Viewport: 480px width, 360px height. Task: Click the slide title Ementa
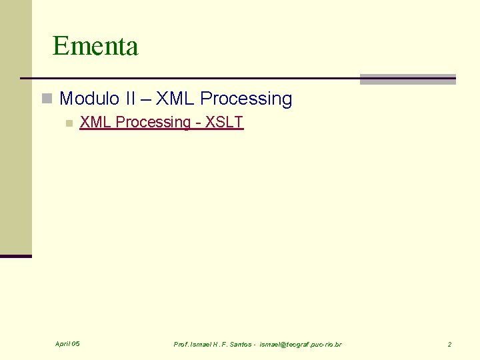click(95, 46)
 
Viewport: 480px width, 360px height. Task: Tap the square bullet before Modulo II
click(46, 99)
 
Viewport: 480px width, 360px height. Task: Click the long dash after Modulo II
click(146, 99)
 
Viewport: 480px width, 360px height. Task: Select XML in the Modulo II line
click(175, 99)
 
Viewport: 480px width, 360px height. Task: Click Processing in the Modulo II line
click(246, 99)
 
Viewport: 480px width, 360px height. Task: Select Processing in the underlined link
click(153, 122)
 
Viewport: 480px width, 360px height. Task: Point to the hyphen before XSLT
click(199, 123)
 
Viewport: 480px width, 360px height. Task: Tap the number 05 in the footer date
click(75, 344)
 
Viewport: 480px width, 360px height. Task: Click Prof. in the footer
click(181, 344)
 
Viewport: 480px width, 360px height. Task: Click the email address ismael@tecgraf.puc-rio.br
click(300, 344)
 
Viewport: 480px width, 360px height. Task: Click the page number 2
click(449, 344)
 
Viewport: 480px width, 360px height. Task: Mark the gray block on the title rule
click(407, 79)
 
